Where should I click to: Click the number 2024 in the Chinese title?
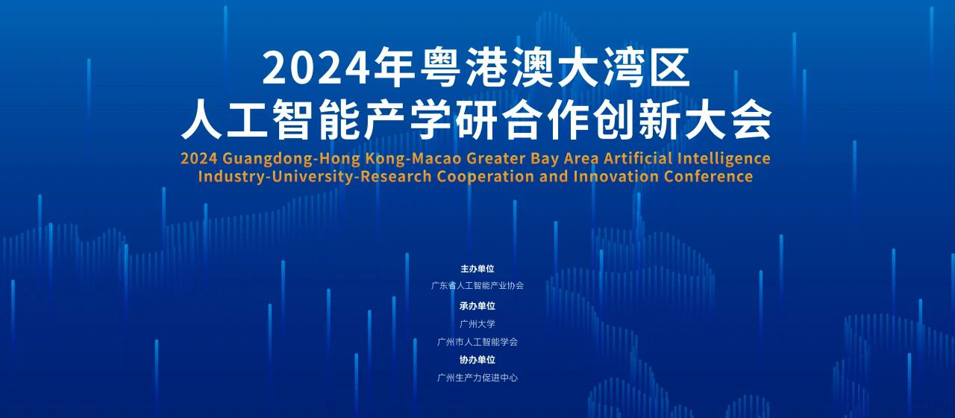point(316,68)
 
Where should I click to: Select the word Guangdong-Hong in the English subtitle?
point(291,159)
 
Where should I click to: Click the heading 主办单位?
point(477,269)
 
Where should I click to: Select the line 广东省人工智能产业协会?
point(477,285)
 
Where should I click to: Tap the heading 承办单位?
point(477,306)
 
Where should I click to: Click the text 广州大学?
point(477,324)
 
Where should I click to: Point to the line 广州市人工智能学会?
point(477,342)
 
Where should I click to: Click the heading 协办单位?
point(477,360)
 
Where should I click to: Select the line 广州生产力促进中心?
point(477,378)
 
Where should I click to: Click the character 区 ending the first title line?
point(669,68)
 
